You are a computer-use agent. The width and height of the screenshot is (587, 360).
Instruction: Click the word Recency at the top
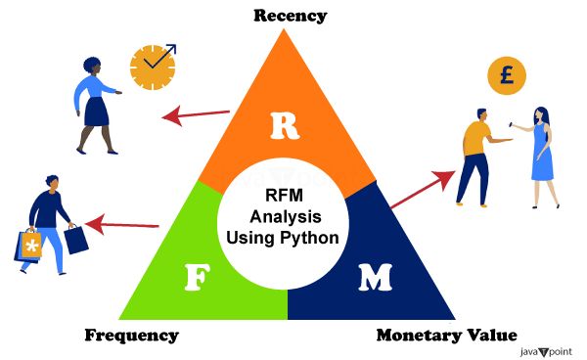coord(290,15)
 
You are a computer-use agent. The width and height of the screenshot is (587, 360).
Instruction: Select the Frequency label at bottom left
coord(131,336)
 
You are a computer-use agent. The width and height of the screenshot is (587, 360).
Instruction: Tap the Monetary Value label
coord(446,336)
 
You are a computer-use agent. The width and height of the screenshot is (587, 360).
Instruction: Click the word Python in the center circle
coord(308,237)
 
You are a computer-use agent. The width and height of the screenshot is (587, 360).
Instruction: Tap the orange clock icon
coord(153,65)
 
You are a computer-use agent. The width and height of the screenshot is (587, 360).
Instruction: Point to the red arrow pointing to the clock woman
coord(195,113)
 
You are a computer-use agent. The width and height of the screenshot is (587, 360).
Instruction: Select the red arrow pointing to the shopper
coord(121,224)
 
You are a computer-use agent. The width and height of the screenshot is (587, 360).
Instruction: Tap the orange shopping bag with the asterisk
coord(30,246)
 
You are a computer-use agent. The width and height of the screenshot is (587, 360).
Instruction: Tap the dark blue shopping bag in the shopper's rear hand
coord(76,238)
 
